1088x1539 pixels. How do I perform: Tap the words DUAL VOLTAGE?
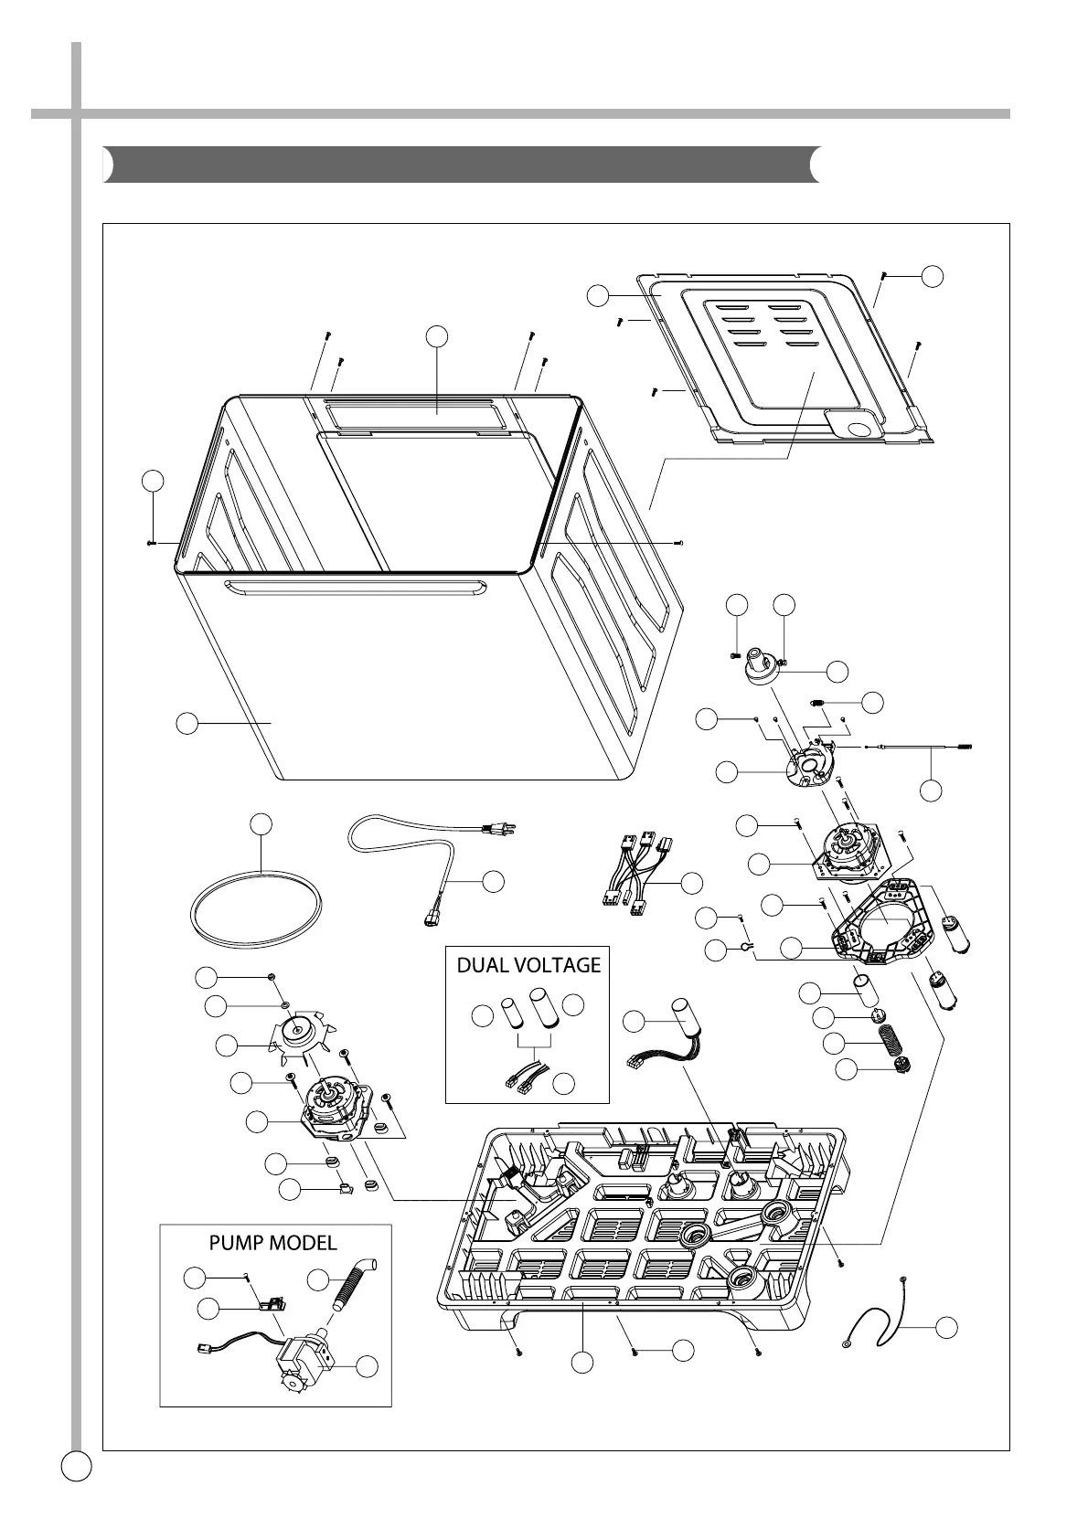(x=528, y=965)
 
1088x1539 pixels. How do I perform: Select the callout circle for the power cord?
(x=493, y=881)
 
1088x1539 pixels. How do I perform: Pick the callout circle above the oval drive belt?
(x=261, y=823)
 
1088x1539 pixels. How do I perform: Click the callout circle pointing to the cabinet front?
(x=186, y=723)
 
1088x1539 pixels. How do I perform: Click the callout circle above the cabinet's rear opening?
(x=438, y=336)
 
